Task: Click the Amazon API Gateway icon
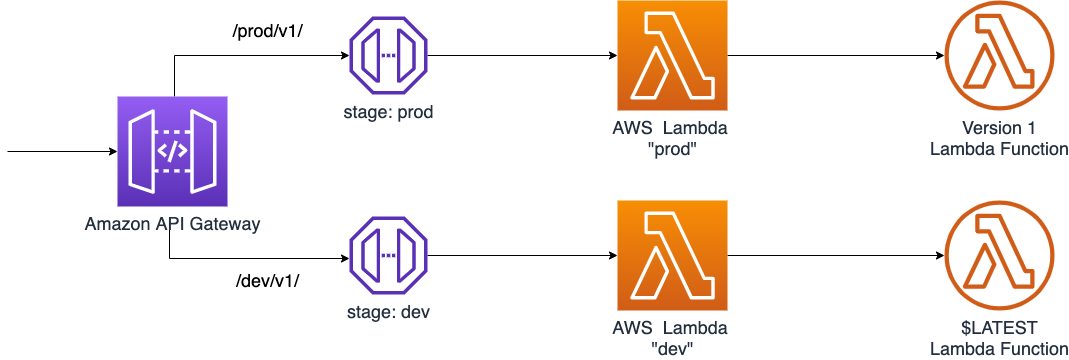172,152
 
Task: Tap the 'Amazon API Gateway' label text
172,224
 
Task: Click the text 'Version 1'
998,129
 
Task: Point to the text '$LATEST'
998,329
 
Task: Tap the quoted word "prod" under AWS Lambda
672,148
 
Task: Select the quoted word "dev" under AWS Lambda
672,348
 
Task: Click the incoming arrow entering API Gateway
60,152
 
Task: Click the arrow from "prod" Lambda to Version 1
835,55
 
